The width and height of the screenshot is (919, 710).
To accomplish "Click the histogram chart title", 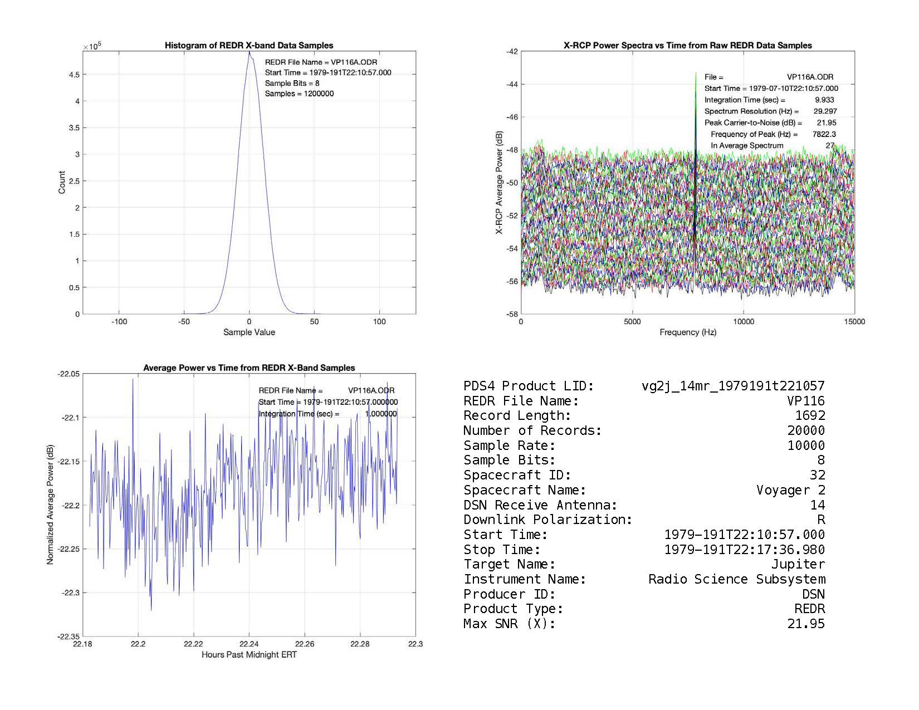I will tap(249, 46).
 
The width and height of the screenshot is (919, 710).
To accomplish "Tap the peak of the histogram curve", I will tap(249, 52).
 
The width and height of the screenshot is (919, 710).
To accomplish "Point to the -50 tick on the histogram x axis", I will tap(184, 322).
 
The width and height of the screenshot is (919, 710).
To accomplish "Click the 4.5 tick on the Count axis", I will tap(74, 75).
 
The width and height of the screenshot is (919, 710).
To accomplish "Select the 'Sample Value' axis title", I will tap(249, 332).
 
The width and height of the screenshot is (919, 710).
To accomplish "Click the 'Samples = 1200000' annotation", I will tap(299, 94).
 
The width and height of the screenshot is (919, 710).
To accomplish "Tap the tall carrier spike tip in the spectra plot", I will tap(696, 73).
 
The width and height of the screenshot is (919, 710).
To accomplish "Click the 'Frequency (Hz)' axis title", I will tap(688, 332).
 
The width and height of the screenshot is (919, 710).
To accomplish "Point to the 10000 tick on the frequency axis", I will tap(744, 322).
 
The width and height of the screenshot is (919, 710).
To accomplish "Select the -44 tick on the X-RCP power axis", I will tap(512, 84).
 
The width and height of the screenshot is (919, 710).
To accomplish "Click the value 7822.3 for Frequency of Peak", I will tap(824, 134).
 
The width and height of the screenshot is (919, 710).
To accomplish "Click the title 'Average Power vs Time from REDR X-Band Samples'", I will tap(249, 368).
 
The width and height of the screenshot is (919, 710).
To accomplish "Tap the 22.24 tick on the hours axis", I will tap(249, 644).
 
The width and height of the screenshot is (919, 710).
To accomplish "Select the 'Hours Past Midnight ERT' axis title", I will tap(249, 655).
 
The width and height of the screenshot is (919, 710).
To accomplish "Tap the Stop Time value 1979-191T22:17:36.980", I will tap(745, 550).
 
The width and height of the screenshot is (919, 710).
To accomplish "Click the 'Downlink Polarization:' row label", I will tap(548, 520).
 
